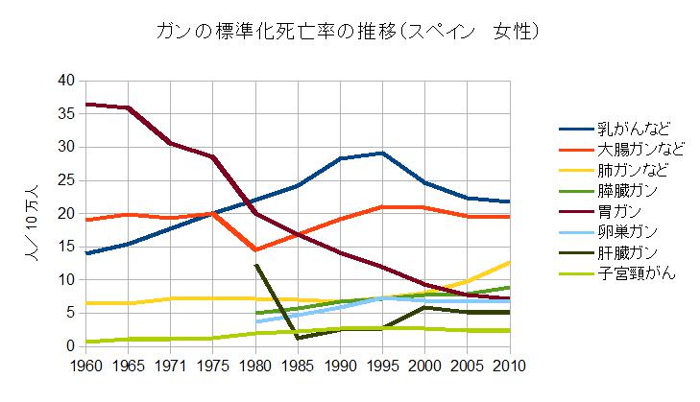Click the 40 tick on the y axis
(x=65, y=81)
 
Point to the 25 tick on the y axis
(x=65, y=180)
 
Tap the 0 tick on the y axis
(x=70, y=346)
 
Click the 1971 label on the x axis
(x=170, y=367)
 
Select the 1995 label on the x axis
(x=382, y=367)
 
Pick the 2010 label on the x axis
(x=509, y=367)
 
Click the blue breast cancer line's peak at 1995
(x=382, y=153)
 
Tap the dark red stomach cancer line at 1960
(x=86, y=104)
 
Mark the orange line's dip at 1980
(x=255, y=249)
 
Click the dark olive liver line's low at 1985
(x=298, y=338)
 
